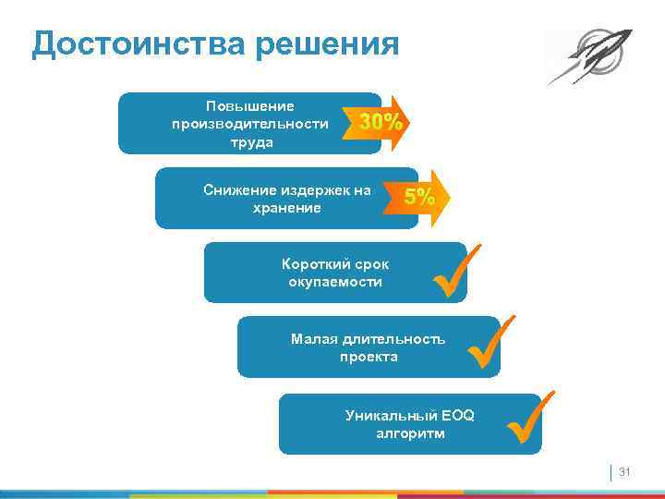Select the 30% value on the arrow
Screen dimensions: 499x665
click(380, 122)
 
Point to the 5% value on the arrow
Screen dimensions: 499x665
click(419, 197)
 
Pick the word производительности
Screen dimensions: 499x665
click(245, 124)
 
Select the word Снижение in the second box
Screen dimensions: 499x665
click(236, 190)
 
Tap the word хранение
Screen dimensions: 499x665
click(286, 208)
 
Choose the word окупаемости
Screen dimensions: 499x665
click(334, 282)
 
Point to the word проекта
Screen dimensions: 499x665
click(369, 357)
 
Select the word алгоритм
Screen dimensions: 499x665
click(409, 433)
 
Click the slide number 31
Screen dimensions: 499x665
click(623, 472)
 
